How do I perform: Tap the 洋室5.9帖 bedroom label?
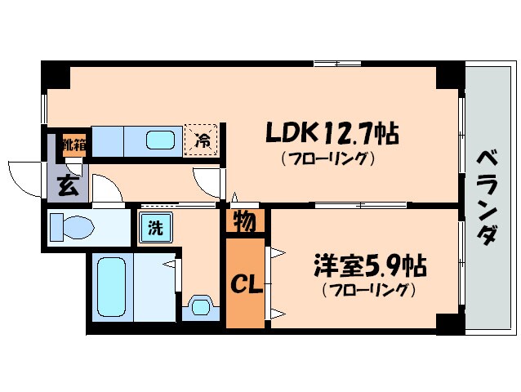[x=372, y=265]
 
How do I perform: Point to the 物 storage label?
[x=244, y=221]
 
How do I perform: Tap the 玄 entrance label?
[x=69, y=185]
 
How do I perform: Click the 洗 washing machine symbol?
[x=154, y=227]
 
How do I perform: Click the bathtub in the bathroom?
[x=111, y=287]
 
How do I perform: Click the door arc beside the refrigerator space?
[x=205, y=179]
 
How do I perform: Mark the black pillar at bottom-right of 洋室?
[x=448, y=322]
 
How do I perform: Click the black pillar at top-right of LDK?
[x=448, y=75]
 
